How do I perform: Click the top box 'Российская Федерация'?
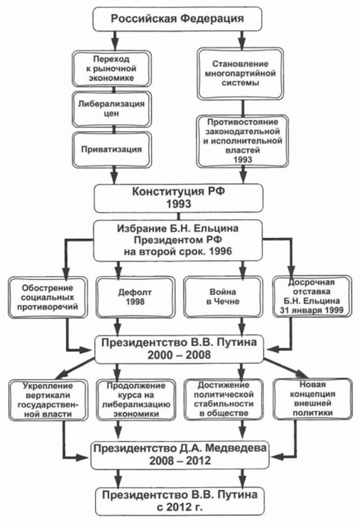(177, 19)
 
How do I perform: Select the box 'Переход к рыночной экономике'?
(112, 69)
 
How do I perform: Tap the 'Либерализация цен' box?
(112, 109)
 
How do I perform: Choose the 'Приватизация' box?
(112, 150)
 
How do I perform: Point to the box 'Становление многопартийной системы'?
(240, 74)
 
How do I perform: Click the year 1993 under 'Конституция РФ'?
(179, 204)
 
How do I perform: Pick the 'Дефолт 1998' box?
(135, 297)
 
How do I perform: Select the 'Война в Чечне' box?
(223, 297)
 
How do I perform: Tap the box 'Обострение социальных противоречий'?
(48, 297)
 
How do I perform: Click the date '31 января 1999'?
(312, 310)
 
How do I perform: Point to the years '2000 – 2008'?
(179, 355)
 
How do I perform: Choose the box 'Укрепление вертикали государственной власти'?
(48, 400)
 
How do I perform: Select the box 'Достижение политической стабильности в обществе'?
(223, 399)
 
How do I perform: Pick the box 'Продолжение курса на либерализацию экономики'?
(136, 400)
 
